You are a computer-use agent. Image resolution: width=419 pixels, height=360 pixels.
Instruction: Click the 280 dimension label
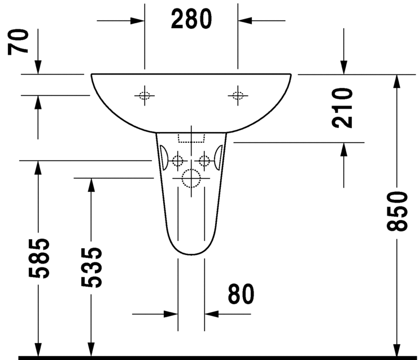click(191, 19)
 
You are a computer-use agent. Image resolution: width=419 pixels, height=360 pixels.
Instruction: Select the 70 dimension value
click(18, 42)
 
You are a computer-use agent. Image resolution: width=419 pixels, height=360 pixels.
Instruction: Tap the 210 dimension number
click(342, 108)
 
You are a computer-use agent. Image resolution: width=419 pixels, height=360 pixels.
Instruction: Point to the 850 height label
click(398, 211)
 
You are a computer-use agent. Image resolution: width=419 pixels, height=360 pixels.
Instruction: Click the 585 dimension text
click(39, 258)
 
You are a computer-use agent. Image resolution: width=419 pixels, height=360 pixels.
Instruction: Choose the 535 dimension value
click(91, 267)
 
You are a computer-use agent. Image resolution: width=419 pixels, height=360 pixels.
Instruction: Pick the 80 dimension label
click(241, 294)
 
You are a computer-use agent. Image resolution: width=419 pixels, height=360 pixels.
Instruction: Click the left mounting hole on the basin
click(145, 95)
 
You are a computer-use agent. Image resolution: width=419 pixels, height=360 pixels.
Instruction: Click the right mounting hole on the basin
click(238, 95)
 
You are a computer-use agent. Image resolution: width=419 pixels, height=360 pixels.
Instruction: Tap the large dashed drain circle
click(191, 178)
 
